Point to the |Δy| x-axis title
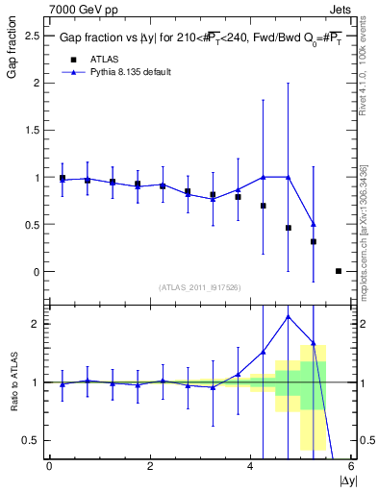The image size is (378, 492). point(342,480)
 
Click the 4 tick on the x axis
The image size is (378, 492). point(250,467)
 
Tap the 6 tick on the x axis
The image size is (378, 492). point(351,467)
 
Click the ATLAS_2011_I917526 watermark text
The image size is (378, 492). point(199,287)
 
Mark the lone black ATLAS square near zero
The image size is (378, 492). point(339,271)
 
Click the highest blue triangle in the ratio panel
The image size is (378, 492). point(289,316)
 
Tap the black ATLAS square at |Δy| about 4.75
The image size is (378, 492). point(289,228)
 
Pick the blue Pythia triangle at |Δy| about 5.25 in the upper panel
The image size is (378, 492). point(314,224)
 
